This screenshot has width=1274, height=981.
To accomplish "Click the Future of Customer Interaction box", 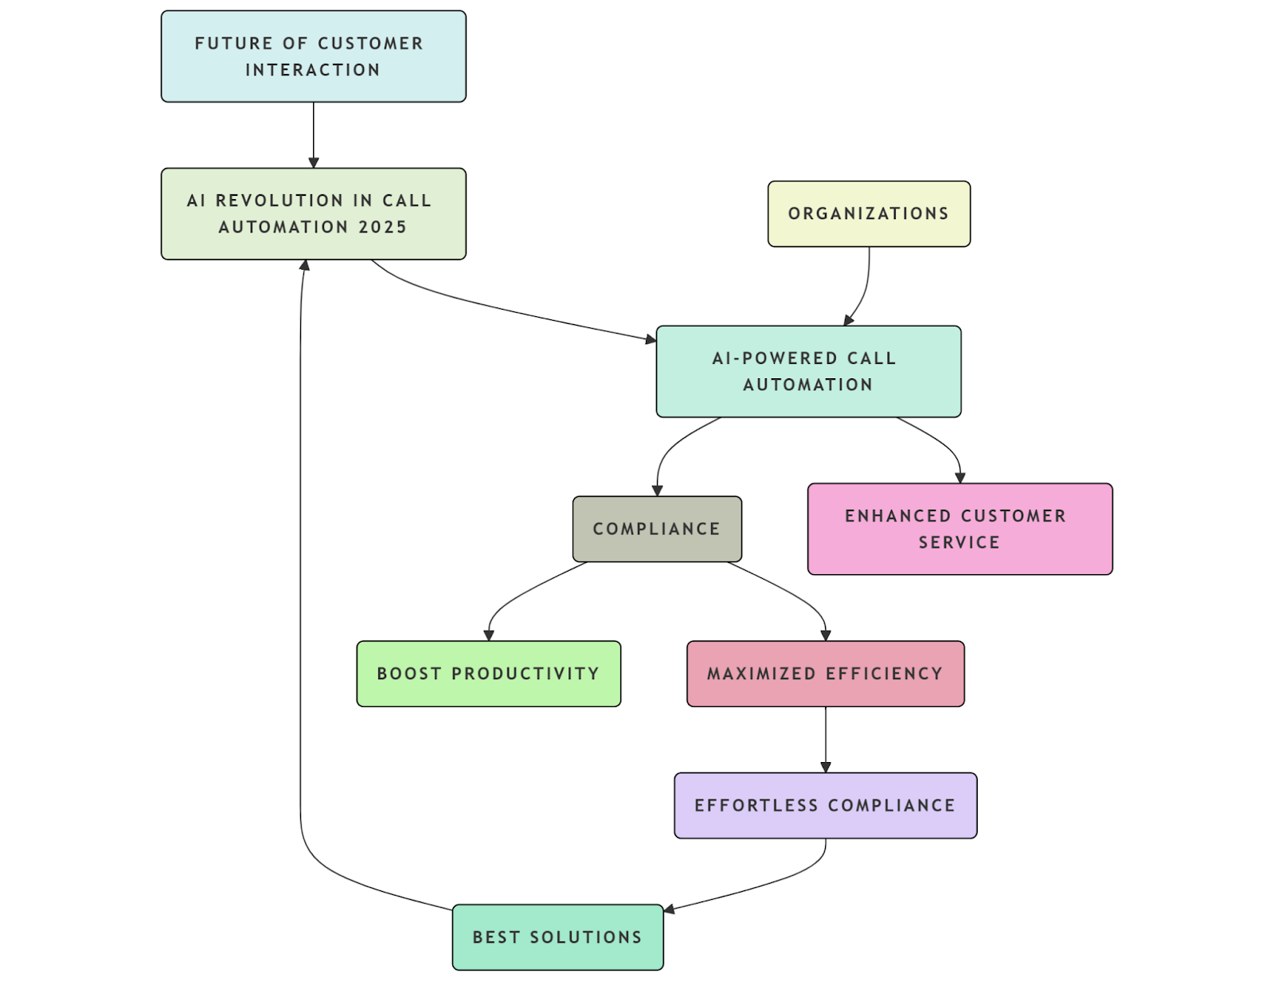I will coord(313,57).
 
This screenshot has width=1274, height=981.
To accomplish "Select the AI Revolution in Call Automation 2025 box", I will coord(313,213).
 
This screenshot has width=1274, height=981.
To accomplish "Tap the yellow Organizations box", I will coord(869,213).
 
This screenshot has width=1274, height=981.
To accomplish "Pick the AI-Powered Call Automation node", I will coord(808,371).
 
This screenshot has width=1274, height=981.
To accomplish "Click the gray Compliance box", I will coord(657,529).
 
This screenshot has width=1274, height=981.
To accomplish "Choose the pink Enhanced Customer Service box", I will coord(959,529).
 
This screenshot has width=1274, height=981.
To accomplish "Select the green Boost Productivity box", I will coord(488,674).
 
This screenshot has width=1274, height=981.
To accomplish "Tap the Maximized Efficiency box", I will coord(825,674).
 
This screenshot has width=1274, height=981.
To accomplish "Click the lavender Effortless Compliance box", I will coord(825,805).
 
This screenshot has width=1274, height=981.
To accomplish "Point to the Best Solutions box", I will coord(557,937).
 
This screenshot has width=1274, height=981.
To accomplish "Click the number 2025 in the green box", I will coord(383,227).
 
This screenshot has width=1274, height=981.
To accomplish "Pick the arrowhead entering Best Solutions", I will coord(670,909).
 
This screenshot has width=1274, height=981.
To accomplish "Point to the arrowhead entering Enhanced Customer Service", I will coord(960,478).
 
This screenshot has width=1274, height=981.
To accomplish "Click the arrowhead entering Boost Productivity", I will coord(489,635).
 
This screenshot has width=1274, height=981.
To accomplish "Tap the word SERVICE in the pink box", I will coord(959,542).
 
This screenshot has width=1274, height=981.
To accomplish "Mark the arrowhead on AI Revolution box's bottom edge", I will coord(304,265).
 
